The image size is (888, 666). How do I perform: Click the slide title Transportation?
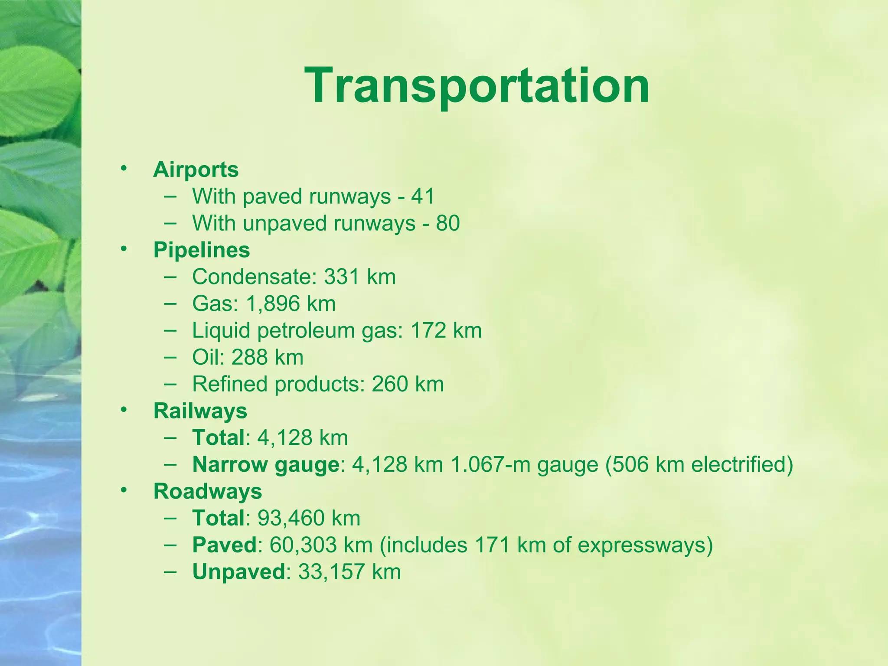477,85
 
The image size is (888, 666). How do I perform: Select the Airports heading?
196,170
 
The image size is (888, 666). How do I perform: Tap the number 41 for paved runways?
423,196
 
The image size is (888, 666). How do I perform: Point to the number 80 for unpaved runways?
447,223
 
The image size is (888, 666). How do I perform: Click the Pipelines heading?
202,250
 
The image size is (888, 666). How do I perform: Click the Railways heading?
200,411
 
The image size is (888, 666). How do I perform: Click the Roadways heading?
208,492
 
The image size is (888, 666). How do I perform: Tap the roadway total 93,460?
291,518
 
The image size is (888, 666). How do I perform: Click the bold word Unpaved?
238,572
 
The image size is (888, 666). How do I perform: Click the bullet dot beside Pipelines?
124,248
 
